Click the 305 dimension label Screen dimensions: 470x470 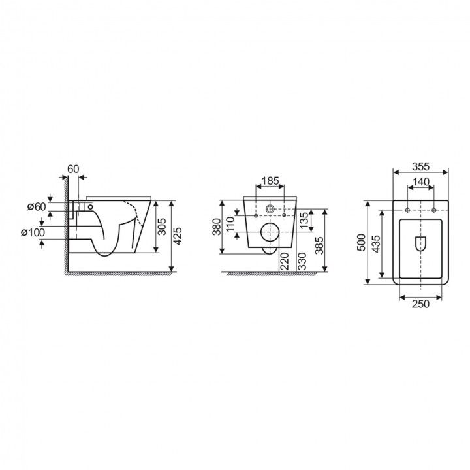tap(162, 227)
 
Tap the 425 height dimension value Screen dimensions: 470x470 tap(178, 236)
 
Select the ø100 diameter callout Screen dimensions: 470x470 tap(33, 232)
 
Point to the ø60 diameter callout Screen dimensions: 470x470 tap(37, 206)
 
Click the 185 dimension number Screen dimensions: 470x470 tap(270, 181)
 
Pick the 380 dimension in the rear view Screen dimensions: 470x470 tap(217, 227)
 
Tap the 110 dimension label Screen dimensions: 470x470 tap(230, 224)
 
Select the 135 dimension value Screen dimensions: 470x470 tap(303, 221)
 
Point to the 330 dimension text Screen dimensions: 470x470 tap(302, 261)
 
